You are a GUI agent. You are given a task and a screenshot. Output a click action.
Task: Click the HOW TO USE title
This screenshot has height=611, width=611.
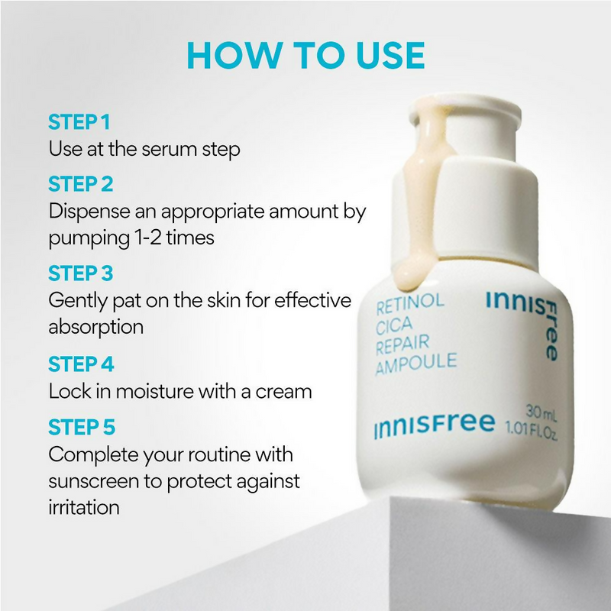point(305,56)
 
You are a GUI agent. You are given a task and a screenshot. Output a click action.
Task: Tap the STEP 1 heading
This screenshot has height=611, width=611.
point(79,122)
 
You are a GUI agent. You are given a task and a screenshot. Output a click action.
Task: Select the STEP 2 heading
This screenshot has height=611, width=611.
point(81,184)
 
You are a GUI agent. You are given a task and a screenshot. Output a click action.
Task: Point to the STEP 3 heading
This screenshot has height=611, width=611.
point(81,273)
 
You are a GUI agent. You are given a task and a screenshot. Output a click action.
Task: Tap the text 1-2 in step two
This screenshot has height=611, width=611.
point(145,238)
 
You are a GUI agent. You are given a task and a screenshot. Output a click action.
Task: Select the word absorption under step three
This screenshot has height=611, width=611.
point(95,327)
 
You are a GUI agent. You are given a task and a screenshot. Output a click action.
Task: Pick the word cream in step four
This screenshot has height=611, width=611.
point(283,392)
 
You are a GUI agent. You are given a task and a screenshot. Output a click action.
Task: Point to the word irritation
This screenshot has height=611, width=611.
point(84,508)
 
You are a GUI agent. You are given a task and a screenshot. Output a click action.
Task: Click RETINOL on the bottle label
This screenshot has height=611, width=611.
point(409,303)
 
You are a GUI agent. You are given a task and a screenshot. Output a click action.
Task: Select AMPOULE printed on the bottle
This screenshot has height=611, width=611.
point(415,364)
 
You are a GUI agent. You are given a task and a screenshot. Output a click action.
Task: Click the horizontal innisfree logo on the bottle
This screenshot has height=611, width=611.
point(434,425)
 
